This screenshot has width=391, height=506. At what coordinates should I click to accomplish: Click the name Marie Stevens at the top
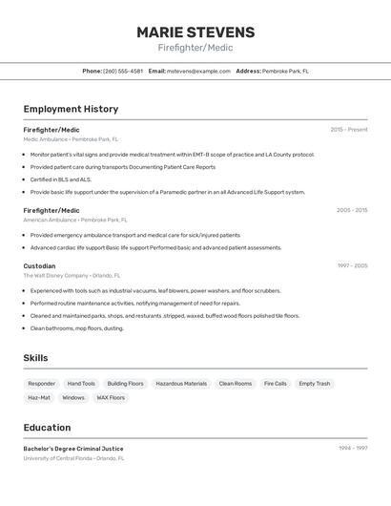[x=195, y=32]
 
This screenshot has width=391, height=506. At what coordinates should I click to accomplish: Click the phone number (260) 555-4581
[x=123, y=71]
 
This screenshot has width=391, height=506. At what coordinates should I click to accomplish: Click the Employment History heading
[x=71, y=109]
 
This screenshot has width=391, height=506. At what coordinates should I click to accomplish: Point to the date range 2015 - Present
[x=348, y=129]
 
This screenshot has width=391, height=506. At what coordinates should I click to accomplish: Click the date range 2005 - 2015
[x=351, y=210]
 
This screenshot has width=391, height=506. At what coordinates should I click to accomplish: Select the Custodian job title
[x=39, y=265]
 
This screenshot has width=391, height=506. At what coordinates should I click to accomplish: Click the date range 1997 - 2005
[x=351, y=265]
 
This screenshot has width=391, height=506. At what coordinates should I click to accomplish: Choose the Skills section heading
[x=36, y=358]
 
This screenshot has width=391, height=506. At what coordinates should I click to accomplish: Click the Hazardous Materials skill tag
[x=181, y=384]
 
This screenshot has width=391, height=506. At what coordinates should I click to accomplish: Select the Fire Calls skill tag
[x=275, y=384]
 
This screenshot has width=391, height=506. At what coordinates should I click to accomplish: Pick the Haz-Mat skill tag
[x=39, y=397]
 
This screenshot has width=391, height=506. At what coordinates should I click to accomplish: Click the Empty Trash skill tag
[x=314, y=384]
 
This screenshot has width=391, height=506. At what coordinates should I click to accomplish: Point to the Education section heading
[x=47, y=428]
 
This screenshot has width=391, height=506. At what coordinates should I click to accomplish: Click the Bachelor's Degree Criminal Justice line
[x=73, y=448]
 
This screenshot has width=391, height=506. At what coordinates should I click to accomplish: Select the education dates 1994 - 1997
[x=352, y=448]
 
